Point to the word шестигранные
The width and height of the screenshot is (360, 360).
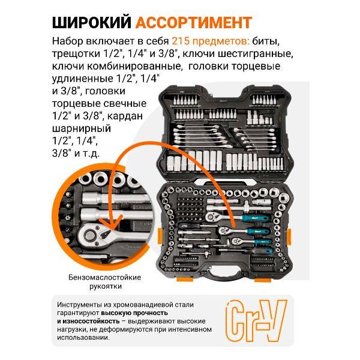coord(257,54)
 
